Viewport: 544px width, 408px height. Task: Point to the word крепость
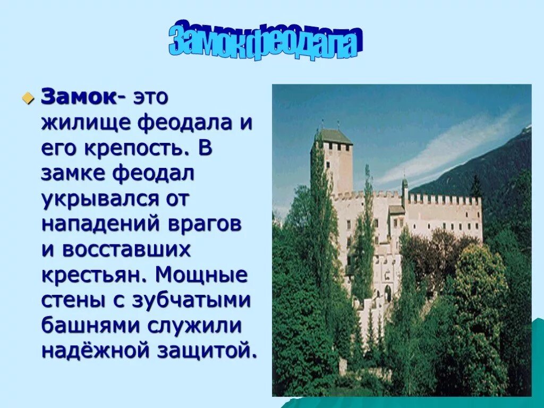coord(136,148)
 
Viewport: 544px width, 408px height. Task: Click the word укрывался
coord(98,199)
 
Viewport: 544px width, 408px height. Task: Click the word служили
coord(202,326)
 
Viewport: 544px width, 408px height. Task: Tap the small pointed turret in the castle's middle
coord(404,183)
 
